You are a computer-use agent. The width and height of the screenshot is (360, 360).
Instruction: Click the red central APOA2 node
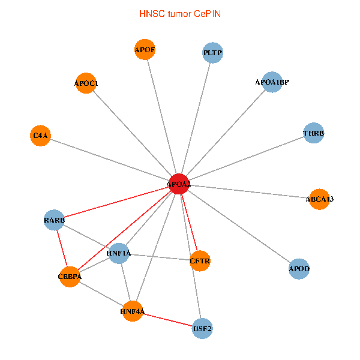coord(178,184)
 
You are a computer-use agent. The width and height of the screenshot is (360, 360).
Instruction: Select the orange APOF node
coord(145,49)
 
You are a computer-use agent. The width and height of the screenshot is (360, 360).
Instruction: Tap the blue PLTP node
coord(212,53)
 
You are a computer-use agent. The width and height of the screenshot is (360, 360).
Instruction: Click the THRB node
coord(313,133)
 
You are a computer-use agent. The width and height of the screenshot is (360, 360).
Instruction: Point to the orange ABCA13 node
coord(319,199)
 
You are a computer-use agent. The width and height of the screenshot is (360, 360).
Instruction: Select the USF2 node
coord(202,328)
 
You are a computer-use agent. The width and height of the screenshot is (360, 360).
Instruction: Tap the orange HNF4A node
coord(133,311)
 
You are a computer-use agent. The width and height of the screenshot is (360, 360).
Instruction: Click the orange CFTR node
coord(199,261)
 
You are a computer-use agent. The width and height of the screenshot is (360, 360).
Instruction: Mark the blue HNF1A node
coord(119,254)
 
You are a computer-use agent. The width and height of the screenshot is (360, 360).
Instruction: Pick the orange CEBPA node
coord(70,277)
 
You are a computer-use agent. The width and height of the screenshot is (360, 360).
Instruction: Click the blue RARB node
coord(54,220)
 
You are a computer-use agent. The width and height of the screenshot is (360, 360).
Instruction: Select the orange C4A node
coord(40,136)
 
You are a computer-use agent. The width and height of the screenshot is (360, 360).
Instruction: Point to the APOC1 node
coord(86,83)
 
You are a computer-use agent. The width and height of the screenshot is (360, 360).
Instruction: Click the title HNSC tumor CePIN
coord(179,13)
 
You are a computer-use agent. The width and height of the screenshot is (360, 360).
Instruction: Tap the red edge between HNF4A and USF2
coord(167,320)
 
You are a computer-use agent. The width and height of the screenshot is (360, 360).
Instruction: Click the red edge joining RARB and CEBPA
coord(62,248)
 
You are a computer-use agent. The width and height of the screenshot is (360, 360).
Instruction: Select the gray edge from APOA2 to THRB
coord(245,159)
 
